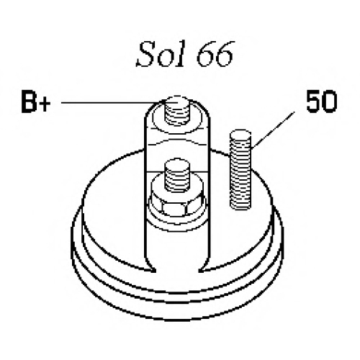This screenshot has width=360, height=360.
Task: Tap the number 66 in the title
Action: [215, 54]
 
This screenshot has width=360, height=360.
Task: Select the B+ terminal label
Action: [36, 102]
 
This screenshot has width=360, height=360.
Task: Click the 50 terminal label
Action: [322, 102]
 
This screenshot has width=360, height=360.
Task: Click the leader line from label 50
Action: [273, 130]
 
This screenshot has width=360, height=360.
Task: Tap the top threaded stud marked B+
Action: [177, 110]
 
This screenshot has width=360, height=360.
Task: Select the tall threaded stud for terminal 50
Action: [240, 169]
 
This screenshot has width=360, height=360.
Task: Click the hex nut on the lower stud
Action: [177, 203]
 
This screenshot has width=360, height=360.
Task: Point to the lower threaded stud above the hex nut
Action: [177, 175]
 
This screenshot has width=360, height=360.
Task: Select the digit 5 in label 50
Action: [313, 102]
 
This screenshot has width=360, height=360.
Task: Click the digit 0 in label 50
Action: [329, 102]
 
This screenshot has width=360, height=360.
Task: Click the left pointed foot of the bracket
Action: [150, 267]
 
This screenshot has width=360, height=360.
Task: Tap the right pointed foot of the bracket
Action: [204, 267]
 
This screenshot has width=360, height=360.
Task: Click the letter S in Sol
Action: [146, 54]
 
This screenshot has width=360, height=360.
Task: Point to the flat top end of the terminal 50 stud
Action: [240, 134]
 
